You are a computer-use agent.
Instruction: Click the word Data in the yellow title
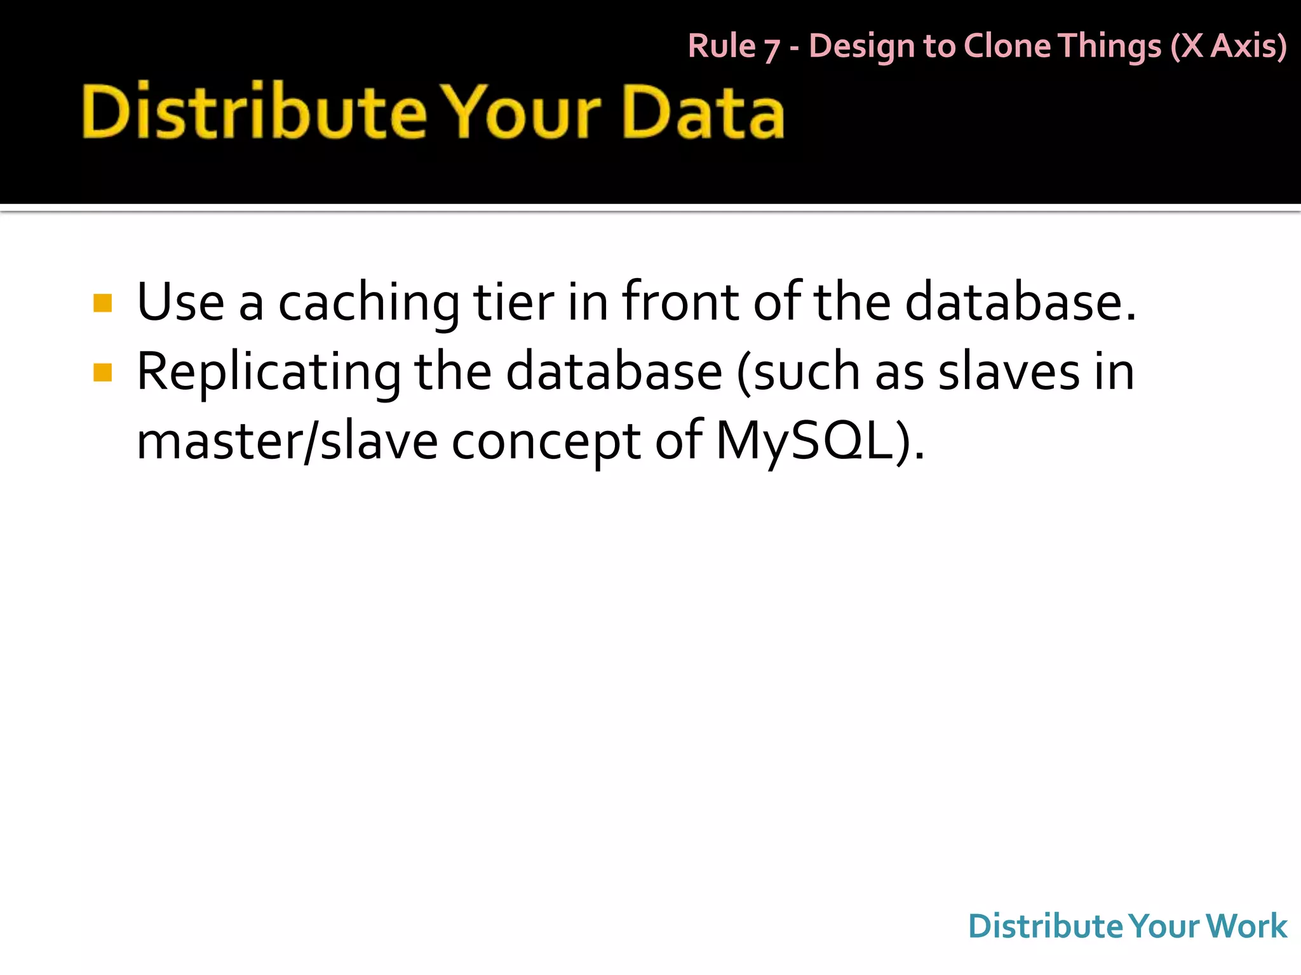[x=704, y=113]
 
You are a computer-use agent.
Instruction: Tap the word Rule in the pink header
[x=722, y=46]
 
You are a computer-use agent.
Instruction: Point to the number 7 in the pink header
[x=771, y=49]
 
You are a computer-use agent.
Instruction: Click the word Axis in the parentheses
[x=1247, y=46]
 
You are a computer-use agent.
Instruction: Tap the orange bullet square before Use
[x=102, y=303]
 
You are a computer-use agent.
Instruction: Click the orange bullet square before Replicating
[x=102, y=372]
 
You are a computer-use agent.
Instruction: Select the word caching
[x=368, y=303]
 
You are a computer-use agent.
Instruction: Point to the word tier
[x=513, y=302]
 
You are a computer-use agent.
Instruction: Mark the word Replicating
[x=269, y=373]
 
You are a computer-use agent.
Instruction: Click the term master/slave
[x=287, y=441]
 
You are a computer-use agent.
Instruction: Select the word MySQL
[x=804, y=441]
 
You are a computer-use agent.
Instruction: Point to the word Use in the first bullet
[x=180, y=302]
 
